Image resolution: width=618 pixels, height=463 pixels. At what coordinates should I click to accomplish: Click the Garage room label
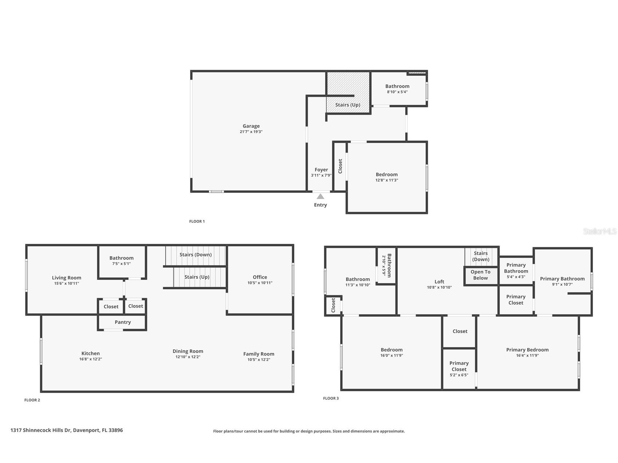[x=251, y=126]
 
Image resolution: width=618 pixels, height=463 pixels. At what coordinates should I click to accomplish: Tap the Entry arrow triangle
[x=320, y=197]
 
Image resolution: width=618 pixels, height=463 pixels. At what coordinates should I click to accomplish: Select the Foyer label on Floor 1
[x=321, y=170]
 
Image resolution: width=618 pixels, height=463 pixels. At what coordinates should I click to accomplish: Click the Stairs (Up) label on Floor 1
[x=348, y=105]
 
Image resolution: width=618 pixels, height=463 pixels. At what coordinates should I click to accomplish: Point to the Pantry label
[x=123, y=322]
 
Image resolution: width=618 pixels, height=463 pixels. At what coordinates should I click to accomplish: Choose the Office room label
[x=260, y=277]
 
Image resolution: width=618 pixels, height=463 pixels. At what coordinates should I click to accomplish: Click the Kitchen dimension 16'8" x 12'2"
[x=91, y=359]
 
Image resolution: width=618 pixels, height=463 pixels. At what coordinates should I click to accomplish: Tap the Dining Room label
[x=188, y=351]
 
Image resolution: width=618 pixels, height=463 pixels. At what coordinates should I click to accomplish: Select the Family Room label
[x=259, y=354]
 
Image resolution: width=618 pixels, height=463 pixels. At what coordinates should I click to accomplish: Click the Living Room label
[x=67, y=278]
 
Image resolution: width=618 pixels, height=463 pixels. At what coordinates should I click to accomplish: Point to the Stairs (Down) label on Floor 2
[x=196, y=254]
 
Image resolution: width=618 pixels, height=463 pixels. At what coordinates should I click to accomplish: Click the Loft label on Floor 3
[x=440, y=281]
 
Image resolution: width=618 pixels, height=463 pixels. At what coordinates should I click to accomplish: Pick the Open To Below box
[x=481, y=276]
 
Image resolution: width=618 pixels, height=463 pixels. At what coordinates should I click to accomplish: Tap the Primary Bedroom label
[x=527, y=350]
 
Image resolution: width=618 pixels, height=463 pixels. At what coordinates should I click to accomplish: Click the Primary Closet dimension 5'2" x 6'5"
[x=459, y=375]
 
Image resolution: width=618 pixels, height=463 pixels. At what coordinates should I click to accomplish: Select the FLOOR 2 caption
[x=32, y=400]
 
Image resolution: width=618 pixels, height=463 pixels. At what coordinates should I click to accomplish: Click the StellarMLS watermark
[x=600, y=231]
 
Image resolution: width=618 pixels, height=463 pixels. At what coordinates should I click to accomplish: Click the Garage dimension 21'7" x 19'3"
[x=251, y=132]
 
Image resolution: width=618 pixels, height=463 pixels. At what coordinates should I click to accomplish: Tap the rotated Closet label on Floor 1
[x=341, y=166]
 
